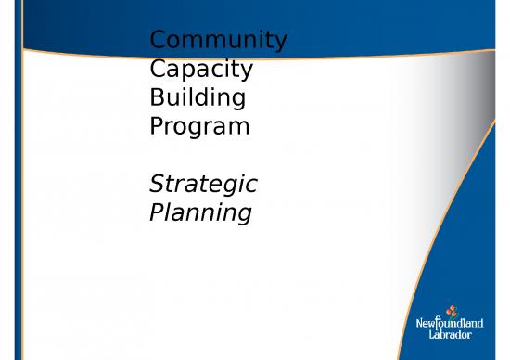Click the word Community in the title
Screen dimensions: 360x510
218,42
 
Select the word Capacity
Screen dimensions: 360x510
201,70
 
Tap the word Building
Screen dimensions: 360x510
198,97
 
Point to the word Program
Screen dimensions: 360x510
199,126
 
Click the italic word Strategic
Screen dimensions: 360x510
203,184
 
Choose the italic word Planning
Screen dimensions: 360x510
200,212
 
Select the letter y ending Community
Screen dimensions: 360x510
279,45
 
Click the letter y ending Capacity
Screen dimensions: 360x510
247,73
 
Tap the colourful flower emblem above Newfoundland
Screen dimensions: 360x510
453,308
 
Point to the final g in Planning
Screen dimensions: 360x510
243,215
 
